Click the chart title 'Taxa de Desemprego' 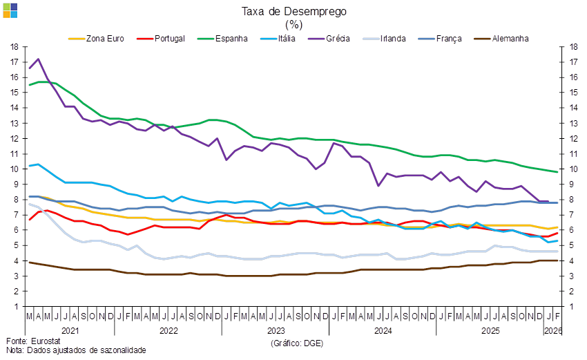293,11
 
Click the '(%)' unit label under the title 293,23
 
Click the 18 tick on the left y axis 15,47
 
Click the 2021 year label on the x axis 70,331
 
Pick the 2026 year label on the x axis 554,331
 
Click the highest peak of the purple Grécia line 38,59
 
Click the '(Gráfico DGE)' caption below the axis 297,342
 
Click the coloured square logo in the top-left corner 10,10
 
